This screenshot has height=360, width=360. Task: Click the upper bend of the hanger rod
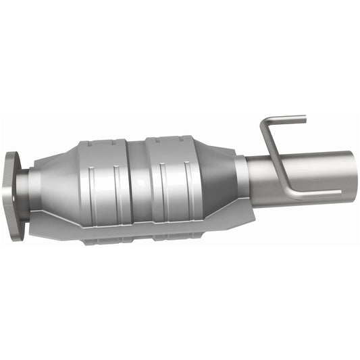click(x=264, y=124)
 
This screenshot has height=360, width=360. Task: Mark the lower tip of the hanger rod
click(x=338, y=193)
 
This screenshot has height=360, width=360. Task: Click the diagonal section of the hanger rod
click(x=274, y=159)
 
